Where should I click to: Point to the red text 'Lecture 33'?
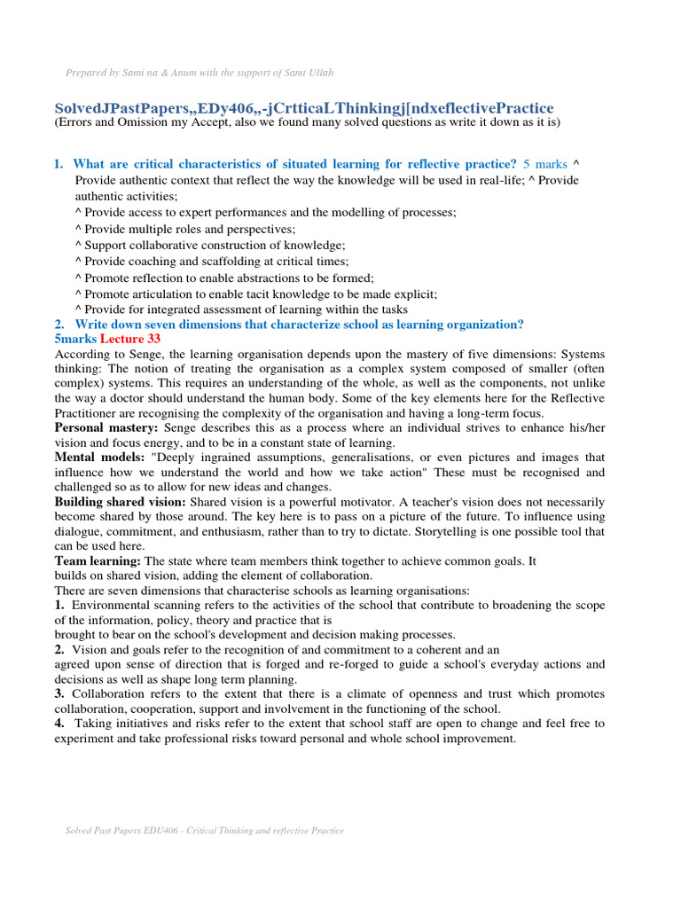[x=129, y=339]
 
